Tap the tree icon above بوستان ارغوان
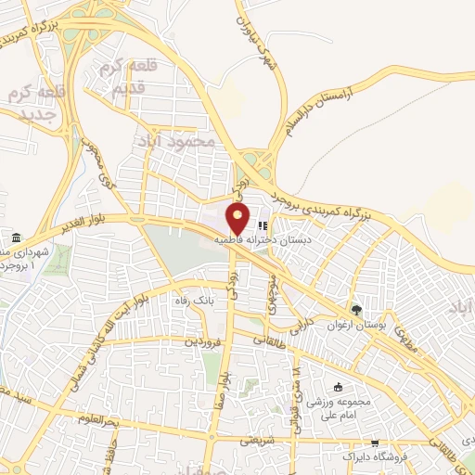(x=354, y=310)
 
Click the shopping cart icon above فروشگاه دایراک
(x=375, y=443)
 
